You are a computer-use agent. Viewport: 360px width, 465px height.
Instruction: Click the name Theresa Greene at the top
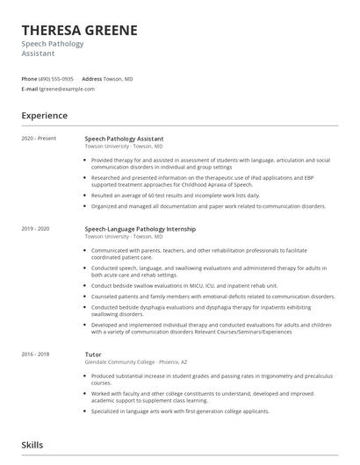coord(79,30)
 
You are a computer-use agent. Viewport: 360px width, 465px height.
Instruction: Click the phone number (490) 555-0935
coord(57,79)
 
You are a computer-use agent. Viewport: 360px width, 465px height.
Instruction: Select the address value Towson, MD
coord(119,79)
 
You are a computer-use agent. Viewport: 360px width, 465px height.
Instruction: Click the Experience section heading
coord(44,116)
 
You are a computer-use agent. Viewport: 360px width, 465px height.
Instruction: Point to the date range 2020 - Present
coord(38,139)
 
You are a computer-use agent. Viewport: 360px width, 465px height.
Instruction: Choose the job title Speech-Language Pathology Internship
coord(140,229)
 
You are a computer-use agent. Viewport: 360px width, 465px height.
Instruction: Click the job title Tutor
coord(93,354)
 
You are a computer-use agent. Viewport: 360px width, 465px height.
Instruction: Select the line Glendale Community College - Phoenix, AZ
coord(133,362)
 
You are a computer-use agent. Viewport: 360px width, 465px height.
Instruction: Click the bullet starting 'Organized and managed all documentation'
coord(208,206)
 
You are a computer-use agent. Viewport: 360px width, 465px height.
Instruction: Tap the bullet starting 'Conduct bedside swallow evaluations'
coord(184,285)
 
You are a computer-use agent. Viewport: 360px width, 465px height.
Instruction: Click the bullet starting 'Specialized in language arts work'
coord(180,411)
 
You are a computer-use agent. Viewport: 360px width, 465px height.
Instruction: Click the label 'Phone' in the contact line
coord(29,79)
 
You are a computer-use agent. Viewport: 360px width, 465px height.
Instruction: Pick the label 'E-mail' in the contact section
coord(29,89)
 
